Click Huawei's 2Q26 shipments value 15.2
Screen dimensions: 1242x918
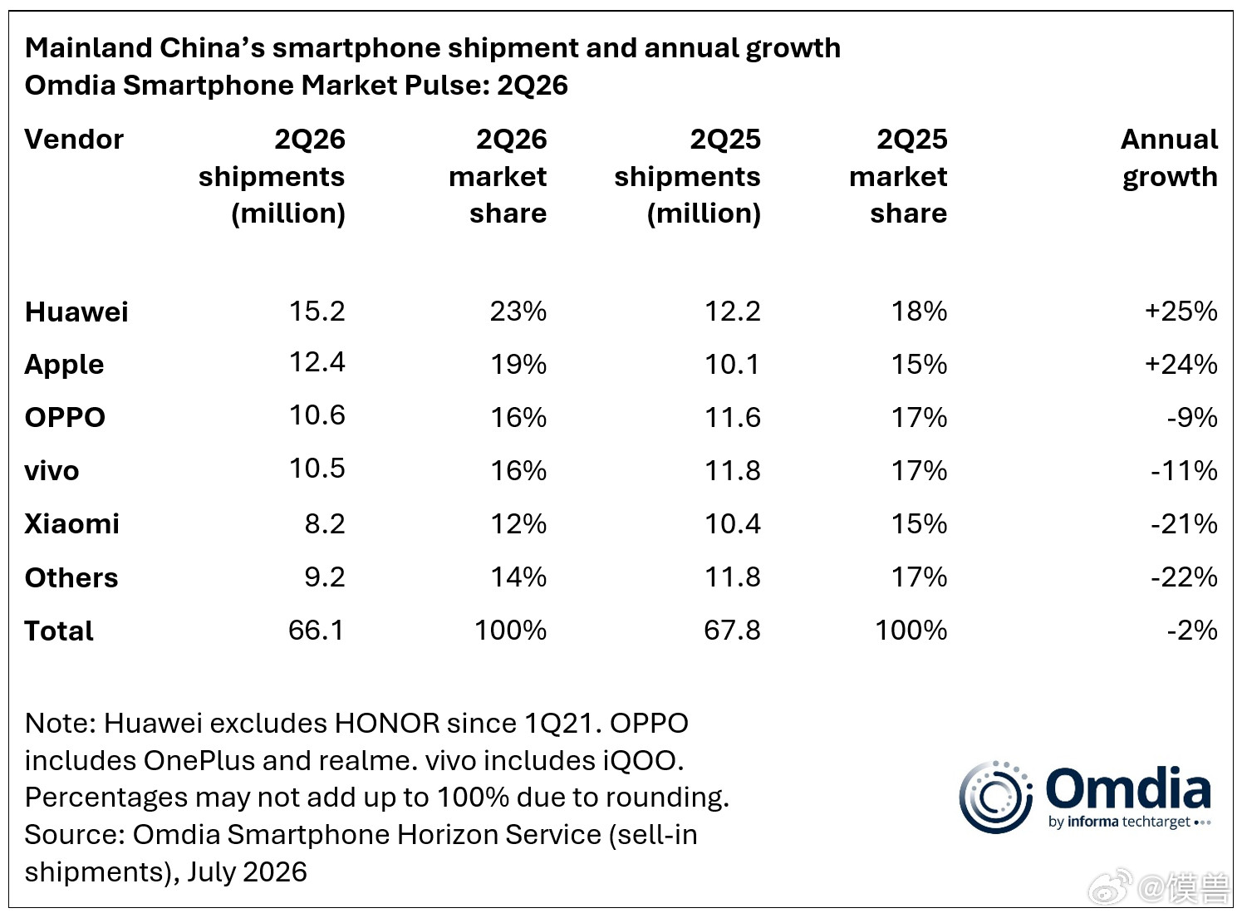coord(317,311)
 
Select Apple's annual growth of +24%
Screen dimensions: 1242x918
coord(1181,364)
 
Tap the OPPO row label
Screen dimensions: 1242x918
coord(65,417)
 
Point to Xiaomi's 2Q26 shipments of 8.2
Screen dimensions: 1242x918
coord(325,523)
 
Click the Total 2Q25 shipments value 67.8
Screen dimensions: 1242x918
coord(733,630)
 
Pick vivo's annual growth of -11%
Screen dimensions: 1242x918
coord(1185,470)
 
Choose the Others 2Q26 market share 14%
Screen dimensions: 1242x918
coord(518,577)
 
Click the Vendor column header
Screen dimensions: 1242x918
coord(74,139)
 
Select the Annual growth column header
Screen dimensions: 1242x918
coord(1170,158)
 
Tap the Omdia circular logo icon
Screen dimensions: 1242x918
coord(995,798)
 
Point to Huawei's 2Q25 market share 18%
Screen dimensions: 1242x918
coord(920,311)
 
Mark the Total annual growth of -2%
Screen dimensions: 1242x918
coord(1192,630)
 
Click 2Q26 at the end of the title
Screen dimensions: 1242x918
coord(533,85)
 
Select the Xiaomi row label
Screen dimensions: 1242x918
coord(71,523)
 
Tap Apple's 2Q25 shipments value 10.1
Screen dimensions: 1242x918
coord(733,364)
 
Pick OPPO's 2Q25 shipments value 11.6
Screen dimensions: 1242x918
coord(733,417)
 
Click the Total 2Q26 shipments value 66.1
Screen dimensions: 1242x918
coord(316,630)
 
